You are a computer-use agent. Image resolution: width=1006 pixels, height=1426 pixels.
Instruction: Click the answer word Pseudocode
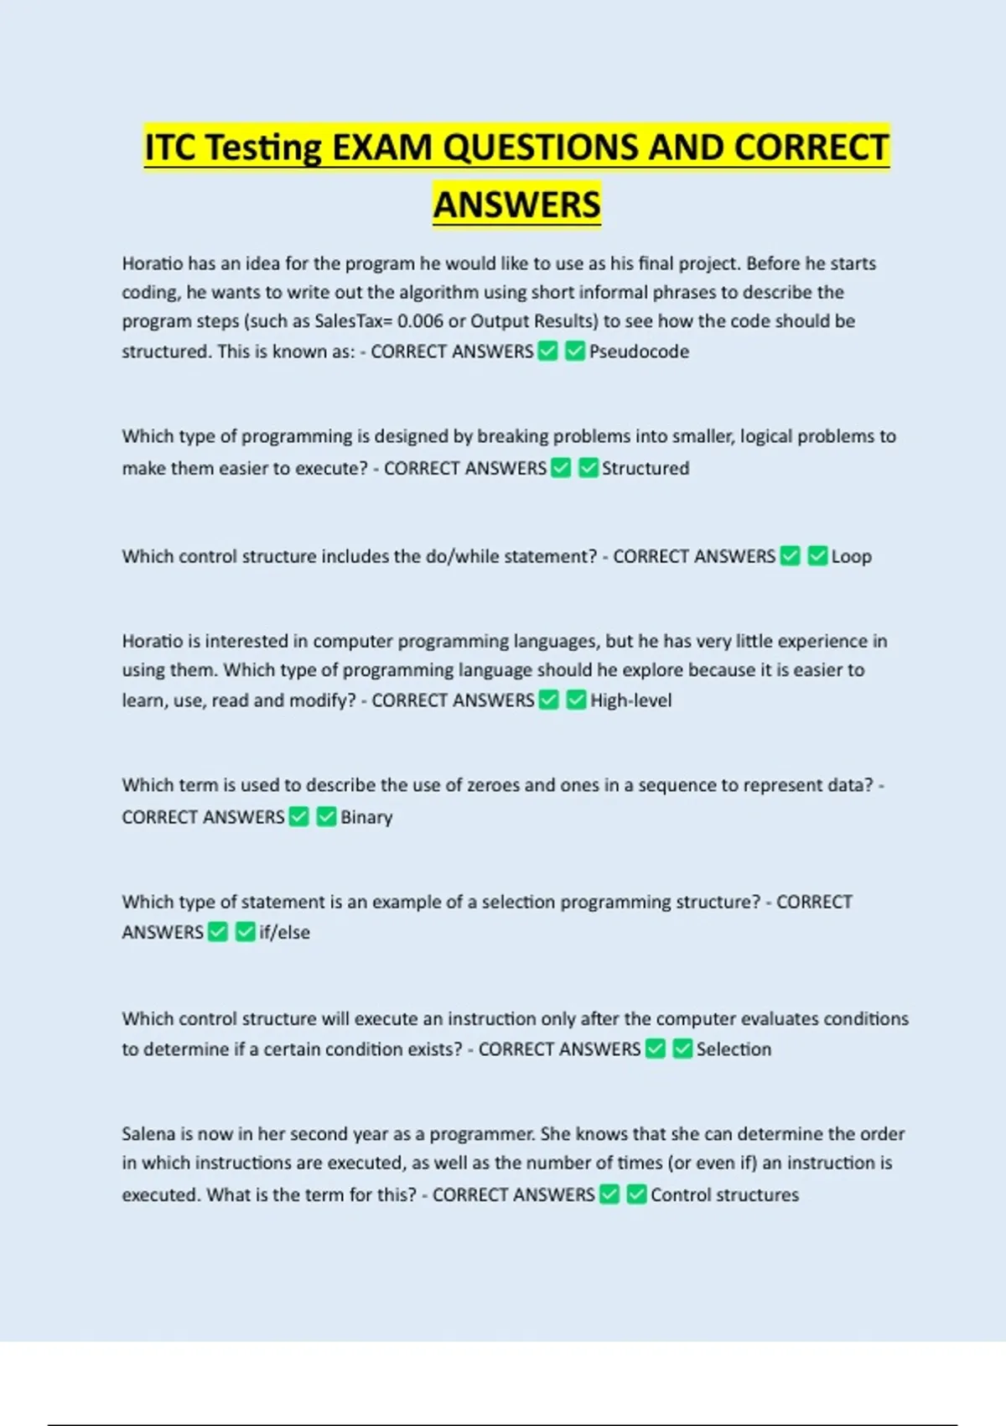point(639,351)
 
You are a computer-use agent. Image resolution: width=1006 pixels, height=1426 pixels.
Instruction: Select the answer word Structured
point(646,468)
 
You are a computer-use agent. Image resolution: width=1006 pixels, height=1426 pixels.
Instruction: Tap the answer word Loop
point(851,556)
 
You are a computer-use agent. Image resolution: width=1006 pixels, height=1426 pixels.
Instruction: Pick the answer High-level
point(630,700)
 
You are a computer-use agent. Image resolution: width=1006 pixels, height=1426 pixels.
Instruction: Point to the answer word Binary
point(366,817)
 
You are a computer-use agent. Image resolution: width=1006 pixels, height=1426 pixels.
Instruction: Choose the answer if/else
point(284,932)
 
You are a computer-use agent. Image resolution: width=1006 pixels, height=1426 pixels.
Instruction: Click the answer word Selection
point(734,1049)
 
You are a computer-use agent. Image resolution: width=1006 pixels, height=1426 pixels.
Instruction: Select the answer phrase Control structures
point(724,1194)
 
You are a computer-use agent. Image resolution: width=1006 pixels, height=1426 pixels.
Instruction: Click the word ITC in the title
point(171,148)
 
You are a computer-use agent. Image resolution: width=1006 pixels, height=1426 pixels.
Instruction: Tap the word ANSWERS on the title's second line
point(516,205)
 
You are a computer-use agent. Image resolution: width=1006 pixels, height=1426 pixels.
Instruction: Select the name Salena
point(148,1134)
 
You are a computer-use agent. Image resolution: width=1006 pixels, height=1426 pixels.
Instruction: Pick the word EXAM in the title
point(383,148)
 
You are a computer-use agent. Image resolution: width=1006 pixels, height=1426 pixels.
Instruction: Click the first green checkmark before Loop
point(790,556)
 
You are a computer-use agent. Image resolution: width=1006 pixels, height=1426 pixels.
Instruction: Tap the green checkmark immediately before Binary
point(326,817)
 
